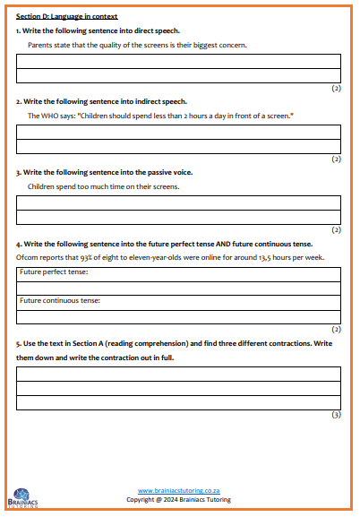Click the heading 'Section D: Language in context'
pyautogui.click(x=67, y=17)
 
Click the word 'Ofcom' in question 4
pyautogui.click(x=28, y=257)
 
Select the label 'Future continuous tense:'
pyautogui.click(x=60, y=300)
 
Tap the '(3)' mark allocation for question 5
pyautogui.click(x=336, y=415)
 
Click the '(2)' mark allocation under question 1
pyautogui.click(x=336, y=89)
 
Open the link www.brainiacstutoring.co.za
pyautogui.click(x=180, y=491)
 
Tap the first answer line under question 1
pyautogui.click(x=179, y=62)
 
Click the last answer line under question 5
pyautogui.click(x=179, y=402)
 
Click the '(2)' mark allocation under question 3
pyautogui.click(x=336, y=230)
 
